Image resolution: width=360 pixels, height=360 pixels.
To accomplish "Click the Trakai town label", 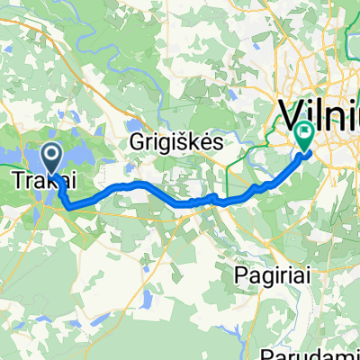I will (x=40, y=183).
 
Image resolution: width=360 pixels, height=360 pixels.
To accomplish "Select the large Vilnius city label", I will (x=319, y=114).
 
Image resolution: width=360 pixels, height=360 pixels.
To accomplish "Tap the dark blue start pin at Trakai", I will (x=52, y=158).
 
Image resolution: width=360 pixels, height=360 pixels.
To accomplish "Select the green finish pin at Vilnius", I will (x=302, y=136).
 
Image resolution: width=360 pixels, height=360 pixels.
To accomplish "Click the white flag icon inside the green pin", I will (x=302, y=133).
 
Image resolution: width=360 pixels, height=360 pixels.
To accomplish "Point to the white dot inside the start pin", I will (x=52, y=155).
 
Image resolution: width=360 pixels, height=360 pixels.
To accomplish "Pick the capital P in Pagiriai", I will (x=238, y=271).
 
